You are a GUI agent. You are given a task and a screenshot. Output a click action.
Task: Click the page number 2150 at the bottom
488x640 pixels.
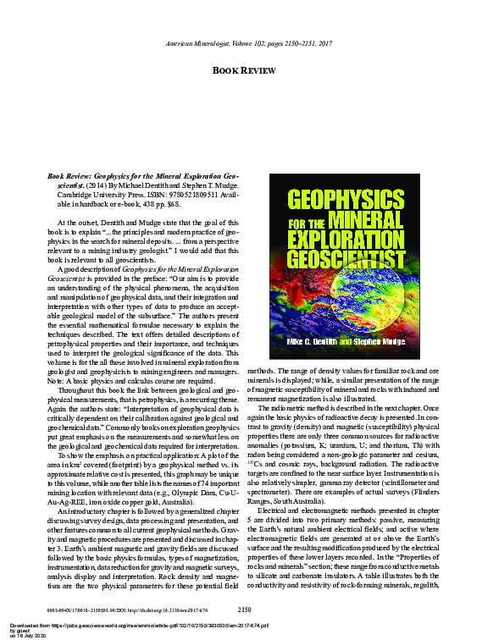(245, 607)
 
